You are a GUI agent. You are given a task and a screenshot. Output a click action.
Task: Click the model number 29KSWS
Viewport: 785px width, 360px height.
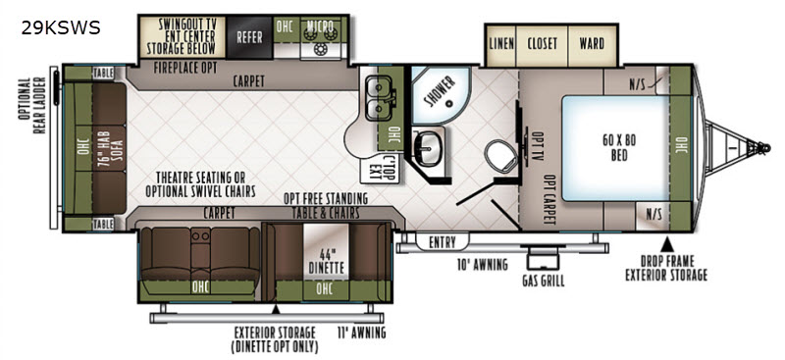click(x=61, y=28)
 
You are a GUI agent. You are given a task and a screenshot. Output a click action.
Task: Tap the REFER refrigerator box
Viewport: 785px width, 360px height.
click(x=249, y=37)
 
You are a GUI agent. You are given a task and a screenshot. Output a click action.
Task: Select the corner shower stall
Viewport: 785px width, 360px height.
click(x=440, y=95)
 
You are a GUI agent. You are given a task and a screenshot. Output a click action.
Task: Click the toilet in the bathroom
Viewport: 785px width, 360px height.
click(x=501, y=156)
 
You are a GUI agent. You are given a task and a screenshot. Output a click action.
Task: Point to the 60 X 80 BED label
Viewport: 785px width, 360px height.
click(x=619, y=148)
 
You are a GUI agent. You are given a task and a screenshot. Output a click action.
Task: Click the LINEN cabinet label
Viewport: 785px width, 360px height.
click(x=501, y=43)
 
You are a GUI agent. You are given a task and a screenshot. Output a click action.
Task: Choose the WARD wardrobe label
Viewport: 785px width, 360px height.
click(x=592, y=43)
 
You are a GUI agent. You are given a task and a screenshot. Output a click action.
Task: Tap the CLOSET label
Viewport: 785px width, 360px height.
click(x=543, y=43)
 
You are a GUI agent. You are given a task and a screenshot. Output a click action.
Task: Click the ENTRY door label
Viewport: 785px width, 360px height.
click(x=443, y=243)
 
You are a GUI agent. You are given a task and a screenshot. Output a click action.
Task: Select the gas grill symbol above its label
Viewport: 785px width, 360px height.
click(x=542, y=257)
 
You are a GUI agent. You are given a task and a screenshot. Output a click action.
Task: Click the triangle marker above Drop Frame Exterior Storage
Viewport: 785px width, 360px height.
click(x=666, y=245)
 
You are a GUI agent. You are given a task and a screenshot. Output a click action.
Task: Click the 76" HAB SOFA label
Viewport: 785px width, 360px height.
click(x=110, y=148)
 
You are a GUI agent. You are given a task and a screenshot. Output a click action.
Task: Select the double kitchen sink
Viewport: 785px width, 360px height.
click(x=380, y=98)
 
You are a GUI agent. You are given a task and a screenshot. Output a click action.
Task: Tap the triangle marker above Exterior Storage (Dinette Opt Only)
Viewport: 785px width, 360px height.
click(x=276, y=309)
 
